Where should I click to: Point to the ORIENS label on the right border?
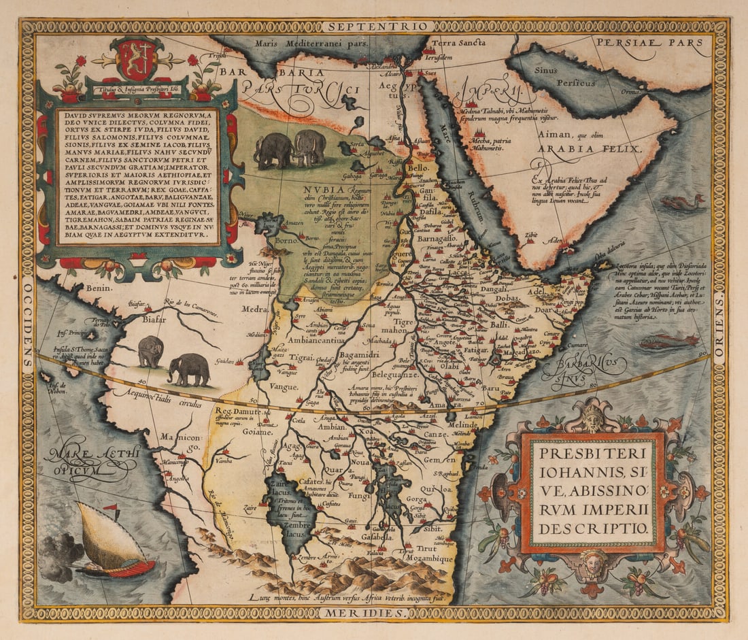(719, 320)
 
